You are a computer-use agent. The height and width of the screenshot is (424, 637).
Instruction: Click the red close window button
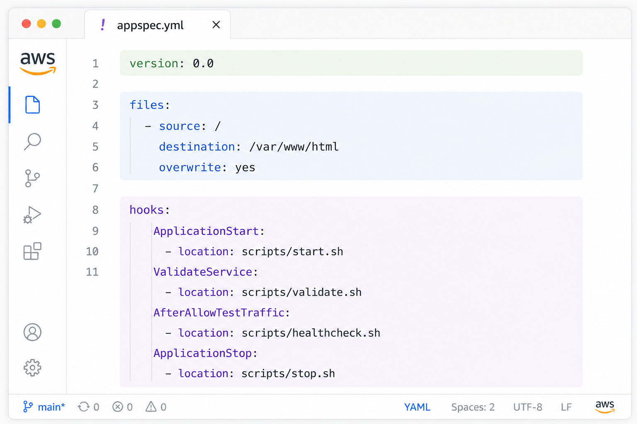(27, 24)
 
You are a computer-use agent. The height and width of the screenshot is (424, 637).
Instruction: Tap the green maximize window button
(56, 24)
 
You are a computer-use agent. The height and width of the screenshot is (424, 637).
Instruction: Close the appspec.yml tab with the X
(216, 25)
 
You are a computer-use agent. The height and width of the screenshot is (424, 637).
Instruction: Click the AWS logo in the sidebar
(38, 63)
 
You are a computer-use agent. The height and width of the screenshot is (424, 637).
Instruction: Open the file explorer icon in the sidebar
(32, 105)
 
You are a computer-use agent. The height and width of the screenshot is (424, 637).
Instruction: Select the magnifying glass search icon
(32, 141)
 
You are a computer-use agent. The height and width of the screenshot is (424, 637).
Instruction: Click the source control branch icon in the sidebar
(32, 178)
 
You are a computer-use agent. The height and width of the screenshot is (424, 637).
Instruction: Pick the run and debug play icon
(32, 215)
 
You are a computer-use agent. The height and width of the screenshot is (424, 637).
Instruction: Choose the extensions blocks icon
(32, 251)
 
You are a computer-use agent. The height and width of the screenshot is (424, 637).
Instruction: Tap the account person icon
(32, 332)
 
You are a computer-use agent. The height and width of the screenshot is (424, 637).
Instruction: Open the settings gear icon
(32, 368)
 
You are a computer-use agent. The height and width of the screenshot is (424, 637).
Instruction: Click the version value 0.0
(203, 63)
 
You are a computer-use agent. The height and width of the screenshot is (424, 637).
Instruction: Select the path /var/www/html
(294, 147)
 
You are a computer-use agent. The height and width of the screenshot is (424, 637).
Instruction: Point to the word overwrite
(190, 168)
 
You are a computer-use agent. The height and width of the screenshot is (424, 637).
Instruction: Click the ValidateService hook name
(203, 272)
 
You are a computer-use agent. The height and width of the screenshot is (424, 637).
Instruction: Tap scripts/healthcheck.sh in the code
(311, 333)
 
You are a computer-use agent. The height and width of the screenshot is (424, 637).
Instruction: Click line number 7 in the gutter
(95, 188)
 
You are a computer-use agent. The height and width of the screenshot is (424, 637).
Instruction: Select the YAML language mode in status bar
(417, 407)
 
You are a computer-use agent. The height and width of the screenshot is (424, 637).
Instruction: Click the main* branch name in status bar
(51, 407)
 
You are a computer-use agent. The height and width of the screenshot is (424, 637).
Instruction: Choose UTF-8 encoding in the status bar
(528, 407)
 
